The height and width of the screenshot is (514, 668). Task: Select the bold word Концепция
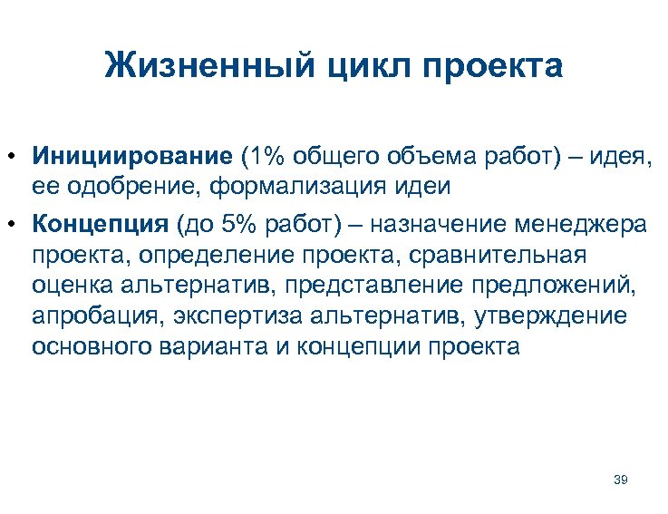[x=100, y=224]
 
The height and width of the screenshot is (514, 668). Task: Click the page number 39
[x=620, y=479]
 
